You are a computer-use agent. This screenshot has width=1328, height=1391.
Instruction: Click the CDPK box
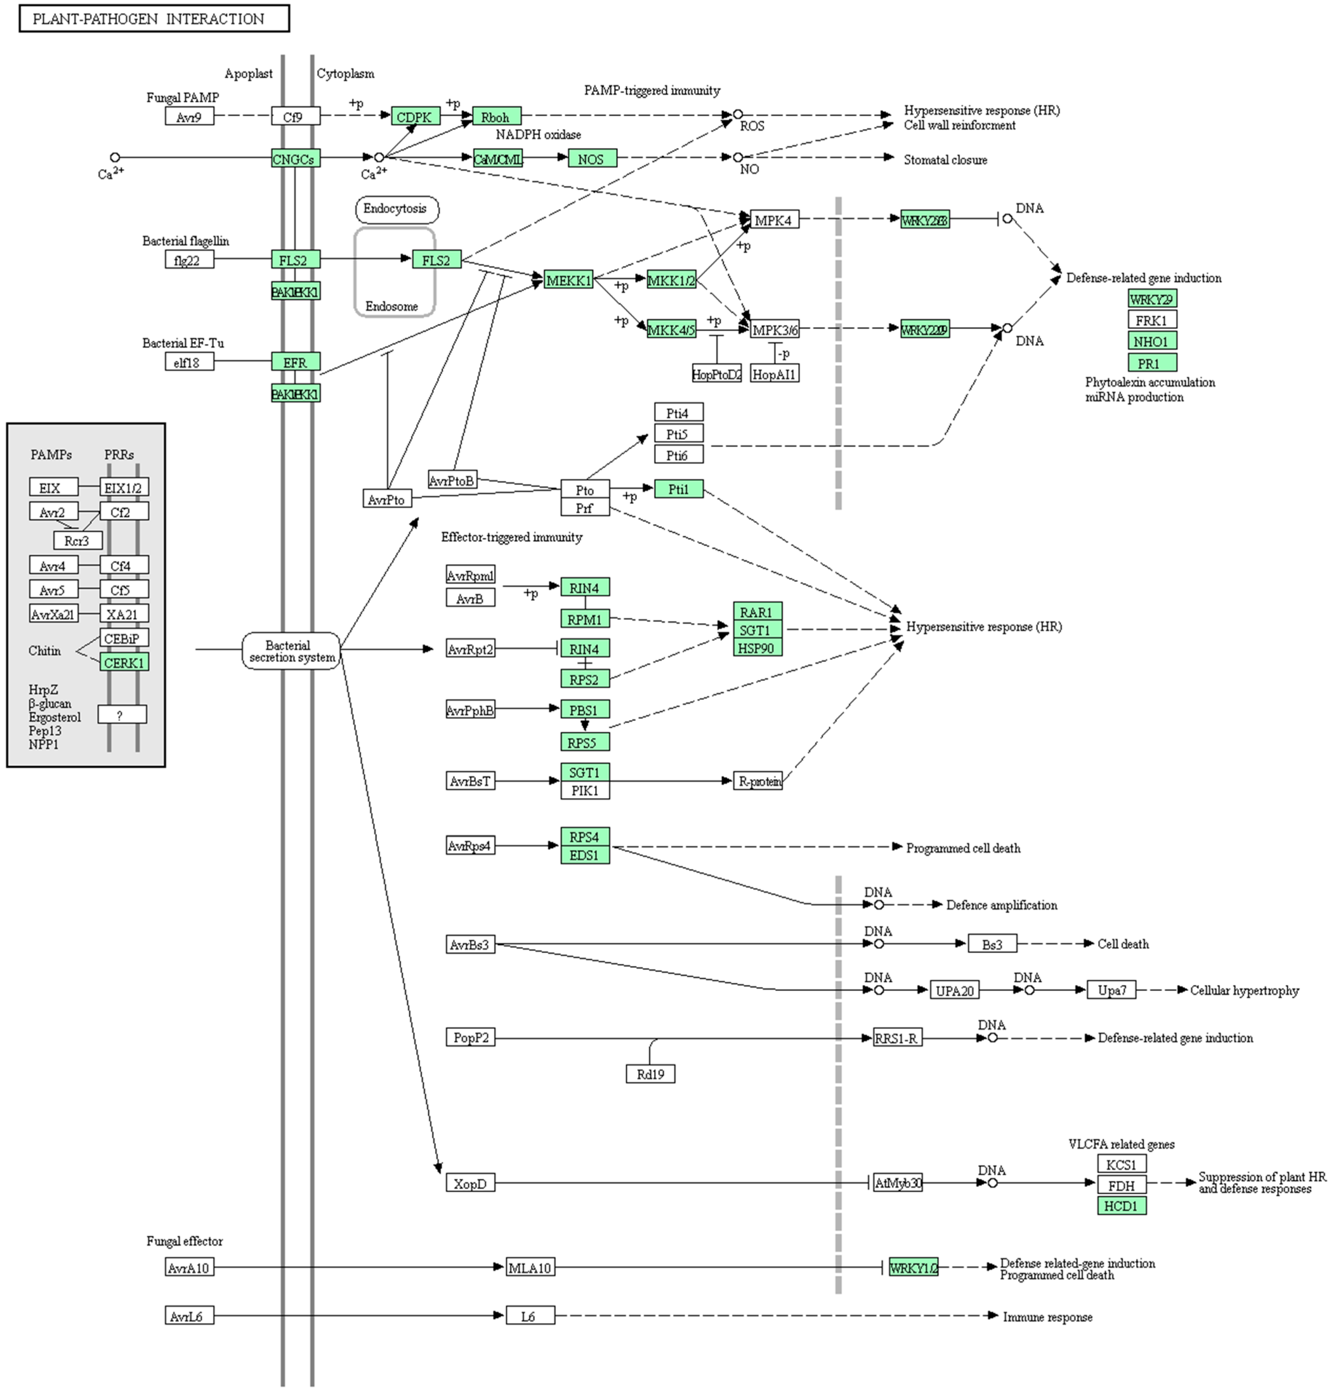415,116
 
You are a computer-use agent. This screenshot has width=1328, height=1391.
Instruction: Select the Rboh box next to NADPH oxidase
496,116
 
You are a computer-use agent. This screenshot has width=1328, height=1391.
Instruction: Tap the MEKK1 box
568,280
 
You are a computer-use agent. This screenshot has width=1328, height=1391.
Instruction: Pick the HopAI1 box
775,374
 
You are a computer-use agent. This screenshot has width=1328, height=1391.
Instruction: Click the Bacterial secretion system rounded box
291,650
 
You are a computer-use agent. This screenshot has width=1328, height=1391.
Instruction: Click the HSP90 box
758,648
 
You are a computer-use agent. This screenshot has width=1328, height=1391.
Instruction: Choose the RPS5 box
585,742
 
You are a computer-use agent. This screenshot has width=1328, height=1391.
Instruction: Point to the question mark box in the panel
122,714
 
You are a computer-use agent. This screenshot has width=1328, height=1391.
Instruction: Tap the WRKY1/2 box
913,1267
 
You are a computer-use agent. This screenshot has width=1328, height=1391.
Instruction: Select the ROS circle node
737,114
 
